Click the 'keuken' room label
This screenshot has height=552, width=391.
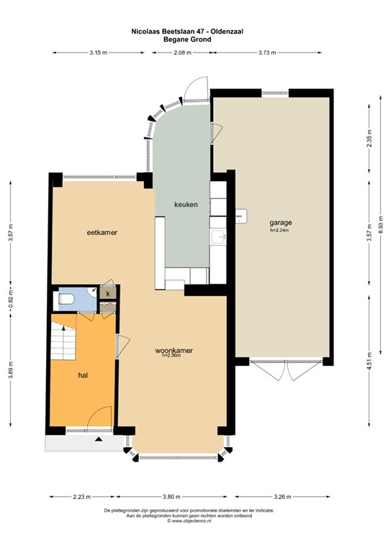pyautogui.click(x=186, y=204)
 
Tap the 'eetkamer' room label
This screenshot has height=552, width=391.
pyautogui.click(x=102, y=232)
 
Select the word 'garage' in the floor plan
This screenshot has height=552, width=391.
pyautogui.click(x=281, y=223)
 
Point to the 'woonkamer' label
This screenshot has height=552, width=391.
pyautogui.click(x=174, y=351)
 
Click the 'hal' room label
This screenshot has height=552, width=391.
pyautogui.click(x=83, y=375)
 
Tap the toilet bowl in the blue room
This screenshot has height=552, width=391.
pyautogui.click(x=66, y=299)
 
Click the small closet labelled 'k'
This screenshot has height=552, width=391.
pyautogui.click(x=108, y=293)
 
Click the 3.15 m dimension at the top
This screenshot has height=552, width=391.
pyautogui.click(x=99, y=52)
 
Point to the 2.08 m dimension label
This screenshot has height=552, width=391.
pyautogui.click(x=183, y=52)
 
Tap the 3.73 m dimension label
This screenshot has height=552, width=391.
pyautogui.click(x=267, y=52)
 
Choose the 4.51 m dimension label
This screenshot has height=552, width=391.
pyautogui.click(x=369, y=362)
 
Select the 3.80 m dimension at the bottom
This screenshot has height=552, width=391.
pyautogui.click(x=171, y=497)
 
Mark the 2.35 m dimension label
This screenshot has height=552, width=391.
pyautogui.click(x=369, y=139)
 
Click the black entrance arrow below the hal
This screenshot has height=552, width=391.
pyautogui.click(x=99, y=439)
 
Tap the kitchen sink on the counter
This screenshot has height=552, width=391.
pyautogui.click(x=217, y=237)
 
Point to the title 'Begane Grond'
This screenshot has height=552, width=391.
pyautogui.click(x=187, y=40)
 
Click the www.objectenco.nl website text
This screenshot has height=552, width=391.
pyautogui.click(x=189, y=520)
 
